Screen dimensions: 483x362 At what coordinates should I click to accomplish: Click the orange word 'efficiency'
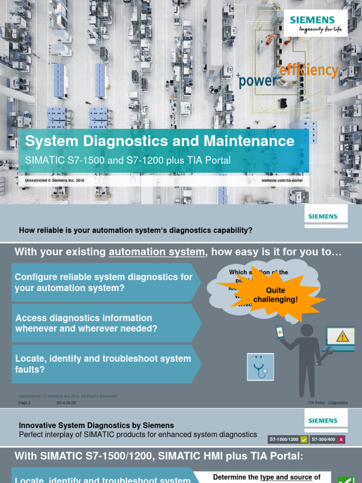click(309, 70)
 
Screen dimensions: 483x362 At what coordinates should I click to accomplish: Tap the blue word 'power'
click(258, 81)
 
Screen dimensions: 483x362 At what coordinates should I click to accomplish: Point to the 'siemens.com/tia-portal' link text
click(282, 180)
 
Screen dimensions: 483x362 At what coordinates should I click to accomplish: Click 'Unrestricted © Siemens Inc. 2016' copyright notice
click(55, 180)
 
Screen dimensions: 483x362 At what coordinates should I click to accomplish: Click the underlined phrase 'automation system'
click(157, 252)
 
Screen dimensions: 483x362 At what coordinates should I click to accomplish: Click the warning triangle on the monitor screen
click(342, 336)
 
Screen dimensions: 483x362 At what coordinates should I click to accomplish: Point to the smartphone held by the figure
click(280, 333)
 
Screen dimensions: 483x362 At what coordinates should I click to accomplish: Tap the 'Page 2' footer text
click(25, 403)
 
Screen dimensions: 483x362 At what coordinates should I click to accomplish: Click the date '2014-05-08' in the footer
click(66, 403)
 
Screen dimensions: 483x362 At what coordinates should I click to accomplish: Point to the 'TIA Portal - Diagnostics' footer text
click(328, 403)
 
